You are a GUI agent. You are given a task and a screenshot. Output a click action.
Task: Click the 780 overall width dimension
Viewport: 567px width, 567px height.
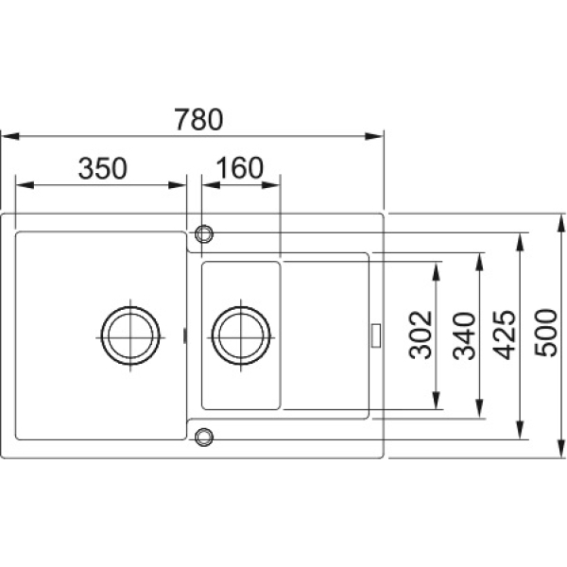pyautogui.click(x=198, y=119)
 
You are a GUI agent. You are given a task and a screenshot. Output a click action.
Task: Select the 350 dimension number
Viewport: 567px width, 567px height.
pyautogui.click(x=103, y=168)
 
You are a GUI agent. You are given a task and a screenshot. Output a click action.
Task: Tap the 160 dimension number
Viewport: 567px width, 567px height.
pyautogui.click(x=240, y=168)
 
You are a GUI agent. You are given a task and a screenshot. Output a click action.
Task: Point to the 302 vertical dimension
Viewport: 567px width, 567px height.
pyautogui.click(x=421, y=335)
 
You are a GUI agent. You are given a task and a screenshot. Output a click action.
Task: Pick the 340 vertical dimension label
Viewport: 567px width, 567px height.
pyautogui.click(x=464, y=335)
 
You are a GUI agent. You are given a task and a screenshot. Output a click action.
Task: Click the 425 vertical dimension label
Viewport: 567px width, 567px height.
pyautogui.click(x=505, y=335)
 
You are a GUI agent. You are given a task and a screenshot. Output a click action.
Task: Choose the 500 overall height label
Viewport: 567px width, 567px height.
pyautogui.click(x=546, y=333)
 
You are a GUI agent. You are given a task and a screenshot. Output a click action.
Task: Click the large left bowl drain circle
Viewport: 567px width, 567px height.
pyautogui.click(x=130, y=335)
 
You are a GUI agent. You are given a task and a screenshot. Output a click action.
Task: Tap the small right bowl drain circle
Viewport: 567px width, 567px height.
pyautogui.click(x=241, y=335)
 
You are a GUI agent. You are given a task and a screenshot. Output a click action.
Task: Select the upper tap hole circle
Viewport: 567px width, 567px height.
pyautogui.click(x=204, y=233)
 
